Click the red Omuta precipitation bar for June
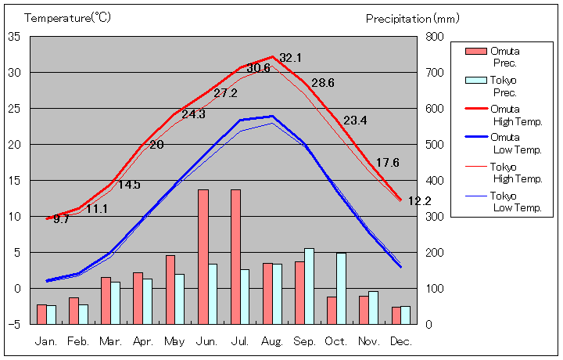pos(203,257)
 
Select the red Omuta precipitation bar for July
pos(235,257)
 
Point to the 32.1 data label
pos(291,58)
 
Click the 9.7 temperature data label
pos(62,220)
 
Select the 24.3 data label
pos(193,114)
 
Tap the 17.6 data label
pos(388,163)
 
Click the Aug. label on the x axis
pos(272,341)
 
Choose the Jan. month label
pos(46,341)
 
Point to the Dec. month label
pos(400,341)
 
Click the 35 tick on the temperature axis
pos(14,37)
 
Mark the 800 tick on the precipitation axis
pos(435,37)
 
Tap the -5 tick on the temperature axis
pos(14,324)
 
